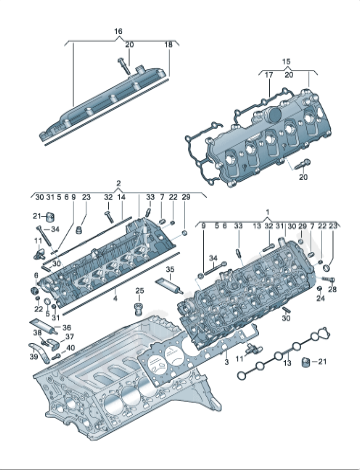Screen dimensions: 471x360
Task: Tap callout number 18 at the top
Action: [168, 45]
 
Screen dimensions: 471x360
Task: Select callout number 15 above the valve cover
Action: [287, 62]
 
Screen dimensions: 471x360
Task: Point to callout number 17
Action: [268, 74]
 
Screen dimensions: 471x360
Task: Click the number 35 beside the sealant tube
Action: [170, 270]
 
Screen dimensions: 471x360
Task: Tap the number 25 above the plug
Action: [139, 291]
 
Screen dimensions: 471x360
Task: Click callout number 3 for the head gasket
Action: [227, 358]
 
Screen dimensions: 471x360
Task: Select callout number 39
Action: [32, 357]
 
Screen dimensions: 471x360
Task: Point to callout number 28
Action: [333, 288]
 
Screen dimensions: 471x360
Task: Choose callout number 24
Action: [320, 298]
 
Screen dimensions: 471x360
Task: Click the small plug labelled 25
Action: [140, 304]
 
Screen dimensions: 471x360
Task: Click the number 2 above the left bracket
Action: [119, 184]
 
